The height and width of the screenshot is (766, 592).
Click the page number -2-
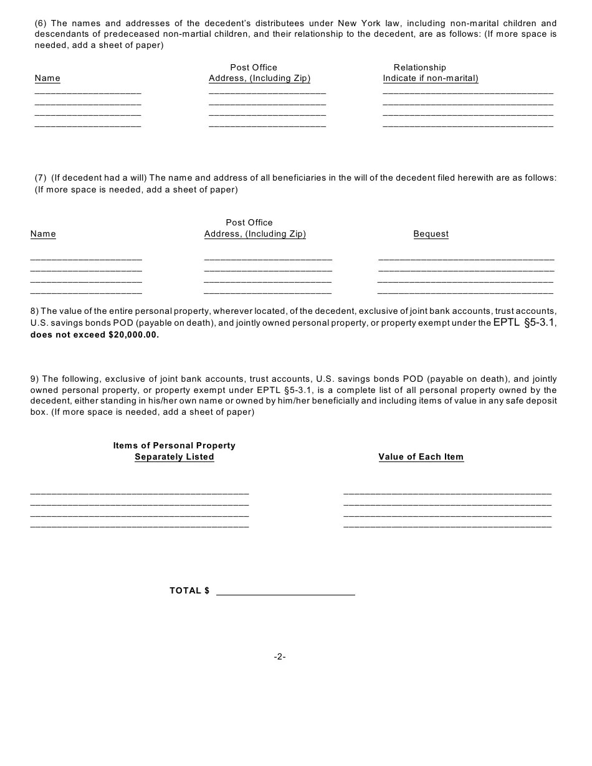pos(280,656)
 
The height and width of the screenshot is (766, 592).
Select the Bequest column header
pos(431,234)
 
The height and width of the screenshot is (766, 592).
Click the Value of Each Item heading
pos(421,457)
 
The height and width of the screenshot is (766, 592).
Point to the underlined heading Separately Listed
pos(174,457)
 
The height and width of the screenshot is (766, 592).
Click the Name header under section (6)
pos(47,78)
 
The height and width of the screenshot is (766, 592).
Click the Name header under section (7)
pos(43,234)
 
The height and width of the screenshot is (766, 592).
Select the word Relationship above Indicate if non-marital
pos(419,67)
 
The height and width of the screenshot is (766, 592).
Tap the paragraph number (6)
pos(41,24)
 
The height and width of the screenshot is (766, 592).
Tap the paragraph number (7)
pos(41,178)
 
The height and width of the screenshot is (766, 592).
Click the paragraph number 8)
pos(35,311)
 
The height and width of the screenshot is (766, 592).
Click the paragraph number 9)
pos(35,379)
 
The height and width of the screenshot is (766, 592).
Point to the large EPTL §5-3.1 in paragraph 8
pos(524,323)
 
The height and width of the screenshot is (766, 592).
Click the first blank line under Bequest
pos(465,258)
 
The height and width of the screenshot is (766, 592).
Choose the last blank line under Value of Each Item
pos(447,527)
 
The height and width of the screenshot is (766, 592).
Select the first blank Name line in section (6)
pos(88,93)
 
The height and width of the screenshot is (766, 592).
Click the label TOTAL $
pos(189,590)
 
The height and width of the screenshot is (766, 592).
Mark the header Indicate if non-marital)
pos(431,78)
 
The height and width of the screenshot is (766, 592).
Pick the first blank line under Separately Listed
pos(140,493)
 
